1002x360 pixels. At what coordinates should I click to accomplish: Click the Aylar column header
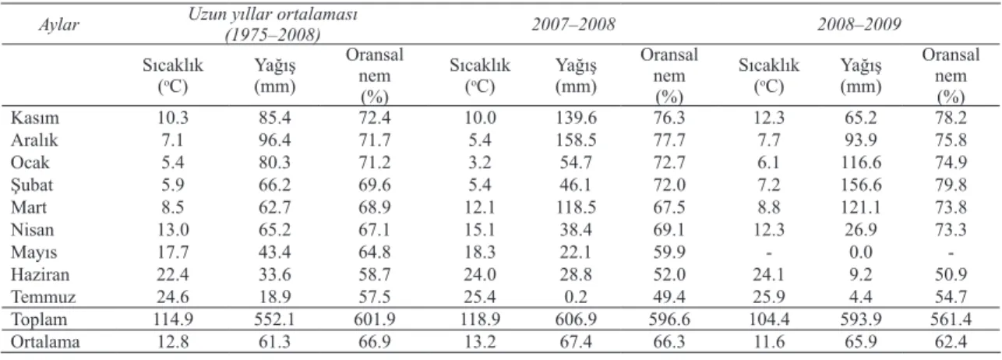pyautogui.click(x=58, y=25)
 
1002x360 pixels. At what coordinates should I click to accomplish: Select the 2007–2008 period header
pyautogui.click(x=573, y=24)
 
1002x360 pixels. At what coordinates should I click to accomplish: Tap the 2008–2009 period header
pyautogui.click(x=859, y=24)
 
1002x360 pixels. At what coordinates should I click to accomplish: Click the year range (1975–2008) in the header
pyautogui.click(x=273, y=35)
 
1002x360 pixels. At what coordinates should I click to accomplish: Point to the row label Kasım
pyautogui.click(x=35, y=118)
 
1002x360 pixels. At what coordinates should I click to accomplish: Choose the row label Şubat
pyautogui.click(x=32, y=185)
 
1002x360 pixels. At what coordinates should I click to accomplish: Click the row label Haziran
pyautogui.click(x=41, y=274)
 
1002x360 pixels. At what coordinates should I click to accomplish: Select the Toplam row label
pyautogui.click(x=39, y=319)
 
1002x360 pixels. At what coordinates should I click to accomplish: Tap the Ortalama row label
pyautogui.click(x=45, y=341)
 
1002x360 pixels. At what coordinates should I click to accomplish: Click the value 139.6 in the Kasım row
pyautogui.click(x=576, y=118)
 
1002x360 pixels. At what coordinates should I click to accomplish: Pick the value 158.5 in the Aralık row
pyautogui.click(x=576, y=140)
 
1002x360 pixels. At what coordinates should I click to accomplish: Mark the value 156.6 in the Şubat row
pyautogui.click(x=861, y=185)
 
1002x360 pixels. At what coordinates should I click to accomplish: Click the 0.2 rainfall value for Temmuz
pyautogui.click(x=576, y=297)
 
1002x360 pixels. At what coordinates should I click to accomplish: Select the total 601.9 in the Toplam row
pyautogui.click(x=375, y=319)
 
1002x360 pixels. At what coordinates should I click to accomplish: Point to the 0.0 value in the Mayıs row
pyautogui.click(x=861, y=252)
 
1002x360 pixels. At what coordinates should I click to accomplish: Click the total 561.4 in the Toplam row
pyautogui.click(x=951, y=319)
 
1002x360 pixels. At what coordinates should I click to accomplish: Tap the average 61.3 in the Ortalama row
pyautogui.click(x=274, y=341)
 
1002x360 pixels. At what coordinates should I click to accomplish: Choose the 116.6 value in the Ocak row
pyautogui.click(x=861, y=162)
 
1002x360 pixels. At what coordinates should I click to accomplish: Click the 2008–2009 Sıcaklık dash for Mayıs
pyautogui.click(x=768, y=253)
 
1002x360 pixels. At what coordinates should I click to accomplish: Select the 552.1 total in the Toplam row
pyautogui.click(x=274, y=319)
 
